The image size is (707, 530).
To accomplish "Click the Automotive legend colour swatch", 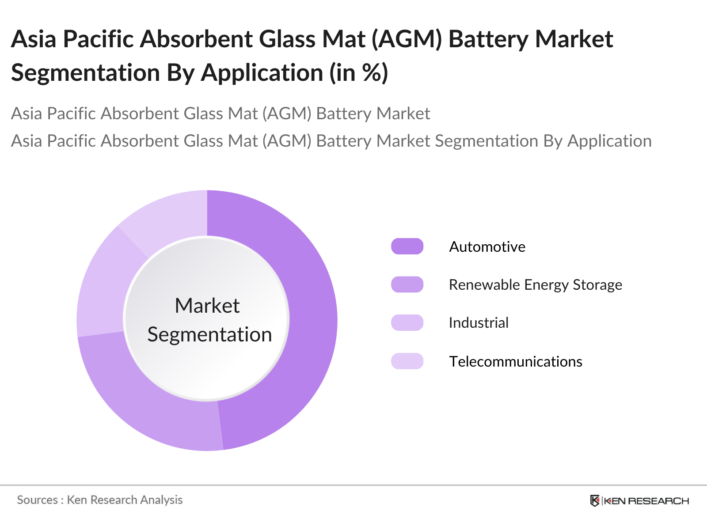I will point(407,246).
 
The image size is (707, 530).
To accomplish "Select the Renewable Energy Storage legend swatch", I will point(407,284).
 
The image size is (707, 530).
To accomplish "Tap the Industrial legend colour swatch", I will point(407,323).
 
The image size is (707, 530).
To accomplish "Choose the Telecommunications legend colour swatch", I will point(407,361).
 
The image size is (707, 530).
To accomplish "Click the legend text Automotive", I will point(487,246).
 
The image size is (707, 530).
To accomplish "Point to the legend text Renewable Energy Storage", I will point(535,285).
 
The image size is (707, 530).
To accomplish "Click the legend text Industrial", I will point(479,323).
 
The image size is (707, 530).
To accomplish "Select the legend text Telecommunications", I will point(515,362).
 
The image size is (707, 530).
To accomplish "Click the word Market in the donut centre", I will point(207,306).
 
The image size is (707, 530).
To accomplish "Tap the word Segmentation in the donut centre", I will point(209,335).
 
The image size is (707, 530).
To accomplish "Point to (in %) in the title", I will point(359,72).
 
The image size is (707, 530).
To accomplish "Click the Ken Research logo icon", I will point(595,500).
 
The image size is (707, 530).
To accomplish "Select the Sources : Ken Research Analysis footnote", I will point(100,500).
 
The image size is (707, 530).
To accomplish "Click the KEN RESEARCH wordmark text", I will point(646,501).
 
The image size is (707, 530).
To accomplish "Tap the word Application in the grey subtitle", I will point(609,141).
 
